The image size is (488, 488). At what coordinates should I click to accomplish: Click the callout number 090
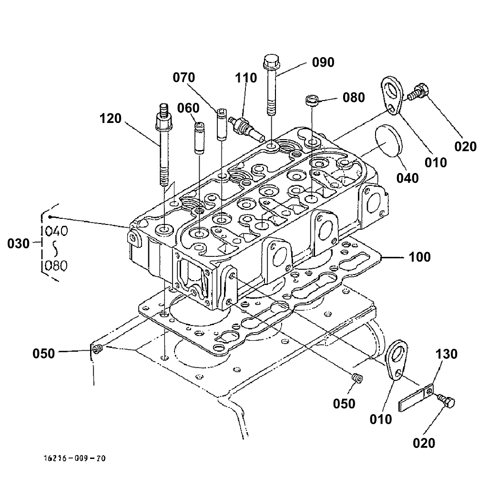(x=323, y=62)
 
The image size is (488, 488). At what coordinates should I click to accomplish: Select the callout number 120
(x=111, y=118)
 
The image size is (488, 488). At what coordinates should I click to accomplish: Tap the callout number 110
(x=246, y=78)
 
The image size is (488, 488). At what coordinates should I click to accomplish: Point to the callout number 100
(x=419, y=257)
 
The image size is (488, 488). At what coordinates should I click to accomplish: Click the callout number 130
(x=447, y=355)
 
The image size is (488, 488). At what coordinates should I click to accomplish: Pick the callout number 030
(x=19, y=244)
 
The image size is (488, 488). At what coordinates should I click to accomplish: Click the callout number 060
(x=188, y=108)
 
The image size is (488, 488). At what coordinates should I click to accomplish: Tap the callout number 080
(x=354, y=98)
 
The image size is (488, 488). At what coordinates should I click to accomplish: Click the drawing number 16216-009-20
(x=74, y=458)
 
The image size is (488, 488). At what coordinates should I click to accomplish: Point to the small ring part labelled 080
(x=312, y=101)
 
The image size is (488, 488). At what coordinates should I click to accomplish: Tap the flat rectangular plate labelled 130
(x=416, y=398)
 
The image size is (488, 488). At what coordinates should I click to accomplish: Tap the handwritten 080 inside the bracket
(x=56, y=265)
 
